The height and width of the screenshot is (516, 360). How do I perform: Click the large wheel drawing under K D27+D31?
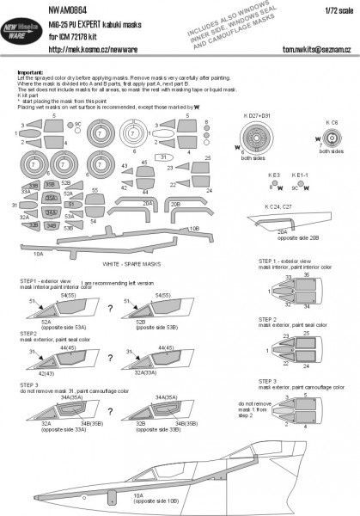click(258, 145)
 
